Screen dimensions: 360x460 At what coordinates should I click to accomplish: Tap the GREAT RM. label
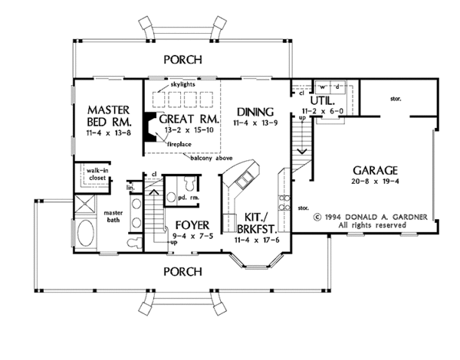click(189, 119)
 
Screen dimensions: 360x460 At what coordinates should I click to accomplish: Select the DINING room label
click(252, 110)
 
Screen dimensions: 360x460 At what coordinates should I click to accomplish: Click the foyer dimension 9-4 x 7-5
click(191, 237)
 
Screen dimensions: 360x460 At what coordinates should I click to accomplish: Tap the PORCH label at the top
click(183, 59)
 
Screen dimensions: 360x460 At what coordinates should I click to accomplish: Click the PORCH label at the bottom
click(183, 271)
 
